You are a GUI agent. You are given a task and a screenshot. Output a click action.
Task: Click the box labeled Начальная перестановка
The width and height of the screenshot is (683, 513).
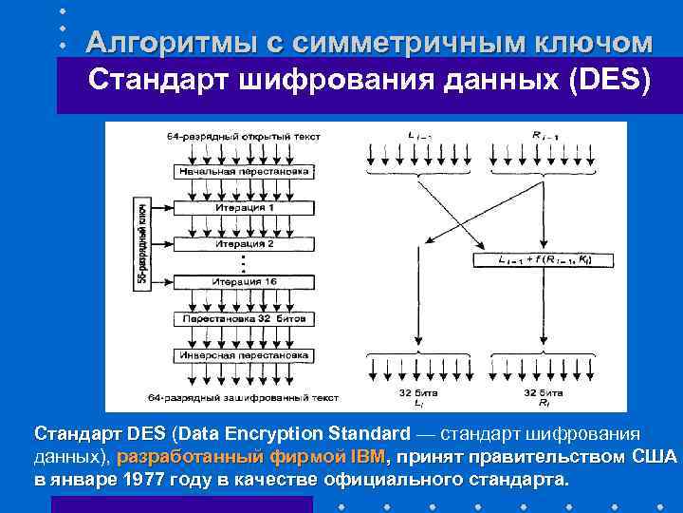click(245, 171)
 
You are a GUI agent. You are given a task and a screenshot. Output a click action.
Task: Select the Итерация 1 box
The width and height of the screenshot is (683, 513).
click(245, 207)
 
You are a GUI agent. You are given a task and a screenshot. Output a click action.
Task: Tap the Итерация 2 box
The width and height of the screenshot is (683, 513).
click(245, 243)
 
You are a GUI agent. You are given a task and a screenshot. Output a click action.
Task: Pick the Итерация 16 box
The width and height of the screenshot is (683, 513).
click(245, 282)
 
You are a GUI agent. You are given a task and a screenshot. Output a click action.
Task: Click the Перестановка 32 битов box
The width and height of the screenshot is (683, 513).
click(245, 318)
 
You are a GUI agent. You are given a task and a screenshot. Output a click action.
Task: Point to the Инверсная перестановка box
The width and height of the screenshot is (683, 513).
click(245, 354)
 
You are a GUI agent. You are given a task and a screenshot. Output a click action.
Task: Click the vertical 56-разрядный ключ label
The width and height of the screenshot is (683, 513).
click(142, 244)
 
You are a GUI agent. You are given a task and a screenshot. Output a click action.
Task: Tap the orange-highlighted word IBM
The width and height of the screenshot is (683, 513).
click(368, 457)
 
